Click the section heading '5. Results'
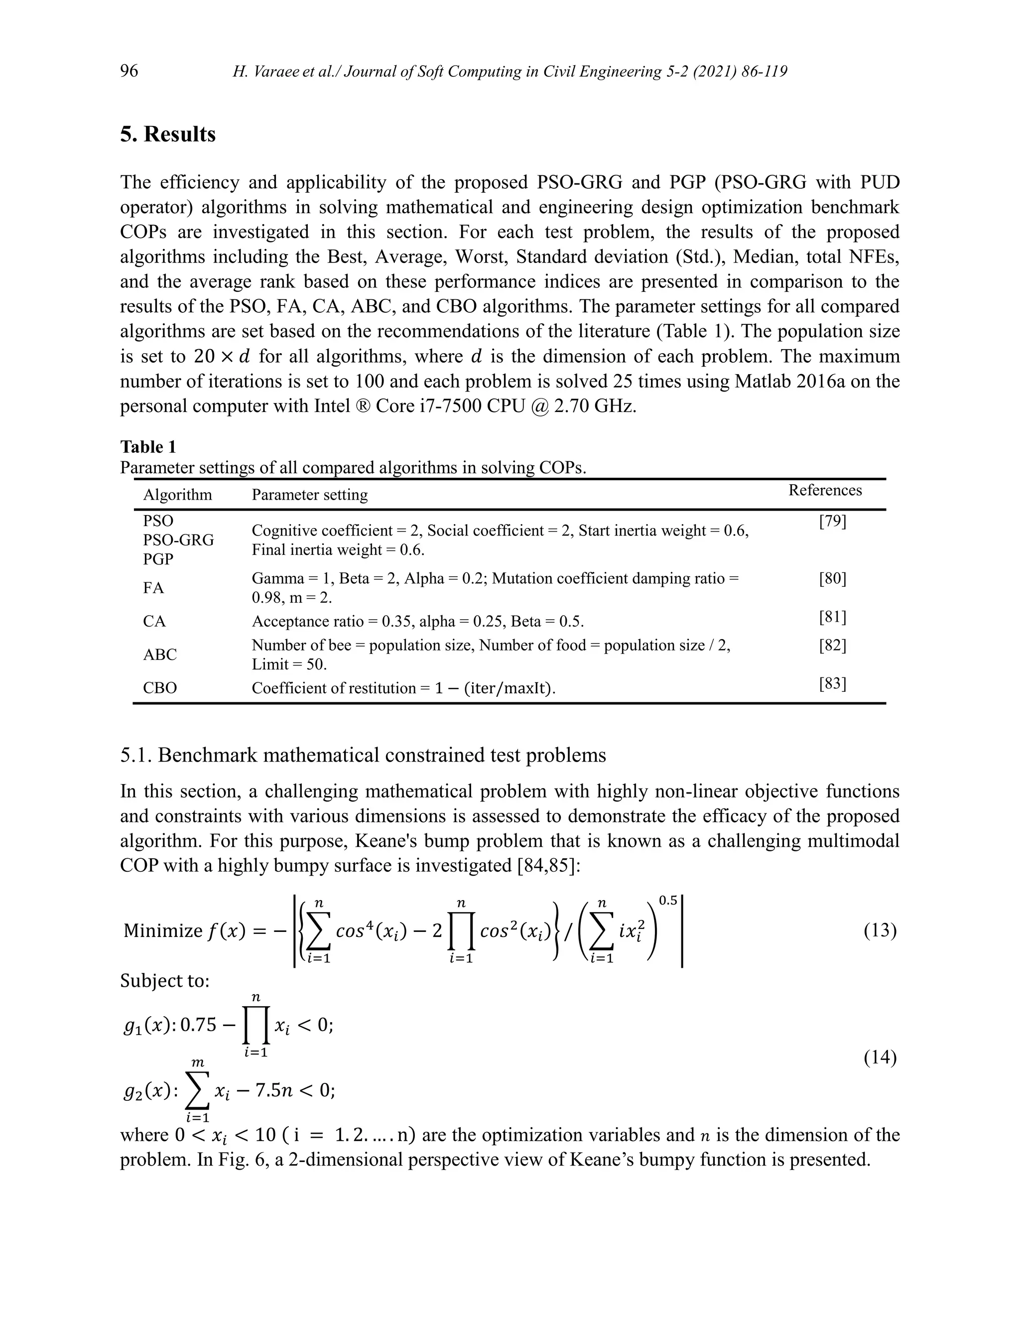167,134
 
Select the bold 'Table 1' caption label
148,447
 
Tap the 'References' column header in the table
825,490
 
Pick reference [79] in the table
832,522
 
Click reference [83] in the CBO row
832,684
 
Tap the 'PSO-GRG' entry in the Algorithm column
178,540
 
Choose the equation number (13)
880,930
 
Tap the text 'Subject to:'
164,980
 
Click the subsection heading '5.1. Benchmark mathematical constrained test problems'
363,756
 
